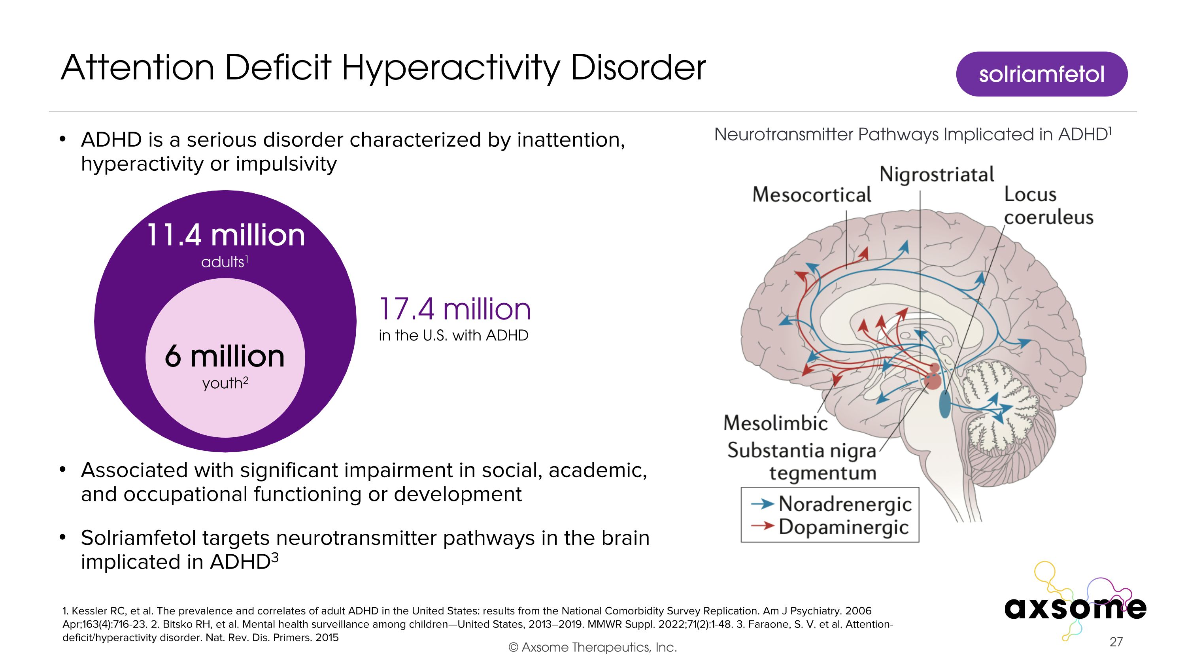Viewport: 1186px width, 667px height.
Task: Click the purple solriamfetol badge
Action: (x=1041, y=74)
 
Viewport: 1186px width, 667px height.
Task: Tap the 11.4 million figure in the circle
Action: (x=226, y=236)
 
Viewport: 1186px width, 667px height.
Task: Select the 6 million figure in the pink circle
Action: (x=225, y=357)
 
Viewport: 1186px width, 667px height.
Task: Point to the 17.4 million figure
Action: (x=454, y=309)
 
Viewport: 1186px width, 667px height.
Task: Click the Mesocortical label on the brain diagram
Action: (x=811, y=195)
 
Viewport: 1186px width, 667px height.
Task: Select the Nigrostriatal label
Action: (x=937, y=174)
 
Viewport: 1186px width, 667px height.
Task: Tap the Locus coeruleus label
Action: (x=1048, y=206)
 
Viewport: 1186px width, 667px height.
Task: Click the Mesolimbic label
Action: (x=775, y=423)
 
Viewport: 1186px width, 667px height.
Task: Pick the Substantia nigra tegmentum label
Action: (x=802, y=461)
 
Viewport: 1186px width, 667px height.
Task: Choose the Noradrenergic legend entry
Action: (x=844, y=504)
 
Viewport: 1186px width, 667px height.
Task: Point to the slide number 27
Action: (x=1116, y=642)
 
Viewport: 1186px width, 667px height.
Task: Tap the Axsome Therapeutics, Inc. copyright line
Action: (x=593, y=647)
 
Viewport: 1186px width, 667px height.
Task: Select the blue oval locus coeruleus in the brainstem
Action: (x=944, y=404)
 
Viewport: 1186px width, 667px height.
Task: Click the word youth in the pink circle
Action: (x=222, y=384)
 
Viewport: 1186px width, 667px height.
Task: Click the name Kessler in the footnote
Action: (x=87, y=611)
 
